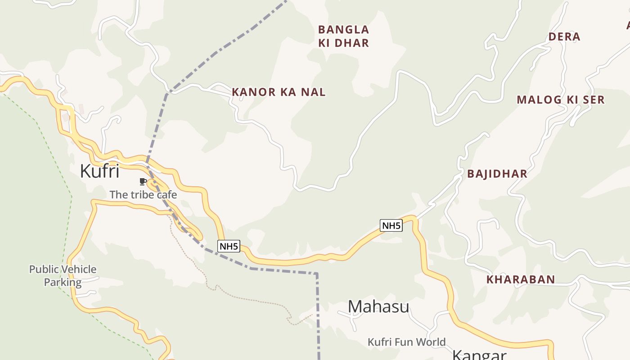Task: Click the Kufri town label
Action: [x=99, y=171]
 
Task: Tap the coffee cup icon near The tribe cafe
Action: [x=143, y=182]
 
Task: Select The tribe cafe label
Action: [x=143, y=195]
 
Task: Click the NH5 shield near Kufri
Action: [x=229, y=246]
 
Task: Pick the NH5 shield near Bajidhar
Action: [x=391, y=225]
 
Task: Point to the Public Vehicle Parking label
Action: [x=63, y=276]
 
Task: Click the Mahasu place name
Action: [x=378, y=307]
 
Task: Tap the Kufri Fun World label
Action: [x=406, y=342]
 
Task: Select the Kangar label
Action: [x=479, y=355]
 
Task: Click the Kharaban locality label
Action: [x=521, y=279]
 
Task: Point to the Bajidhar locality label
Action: [x=497, y=174]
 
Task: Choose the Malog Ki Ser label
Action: [x=560, y=100]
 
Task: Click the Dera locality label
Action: [x=564, y=37]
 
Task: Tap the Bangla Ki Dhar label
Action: [x=343, y=36]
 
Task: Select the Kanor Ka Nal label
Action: [x=279, y=92]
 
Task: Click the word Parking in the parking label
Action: [x=63, y=283]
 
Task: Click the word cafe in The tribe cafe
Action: [x=166, y=195]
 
